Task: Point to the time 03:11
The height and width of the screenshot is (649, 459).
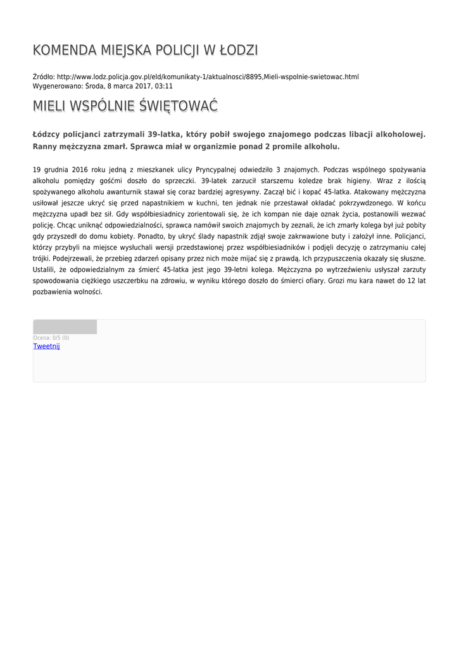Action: click(164, 86)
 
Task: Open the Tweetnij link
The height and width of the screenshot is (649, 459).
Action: click(46, 346)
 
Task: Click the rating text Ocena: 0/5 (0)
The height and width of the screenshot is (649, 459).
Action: click(51, 338)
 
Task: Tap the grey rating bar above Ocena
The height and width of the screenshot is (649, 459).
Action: click(65, 327)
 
